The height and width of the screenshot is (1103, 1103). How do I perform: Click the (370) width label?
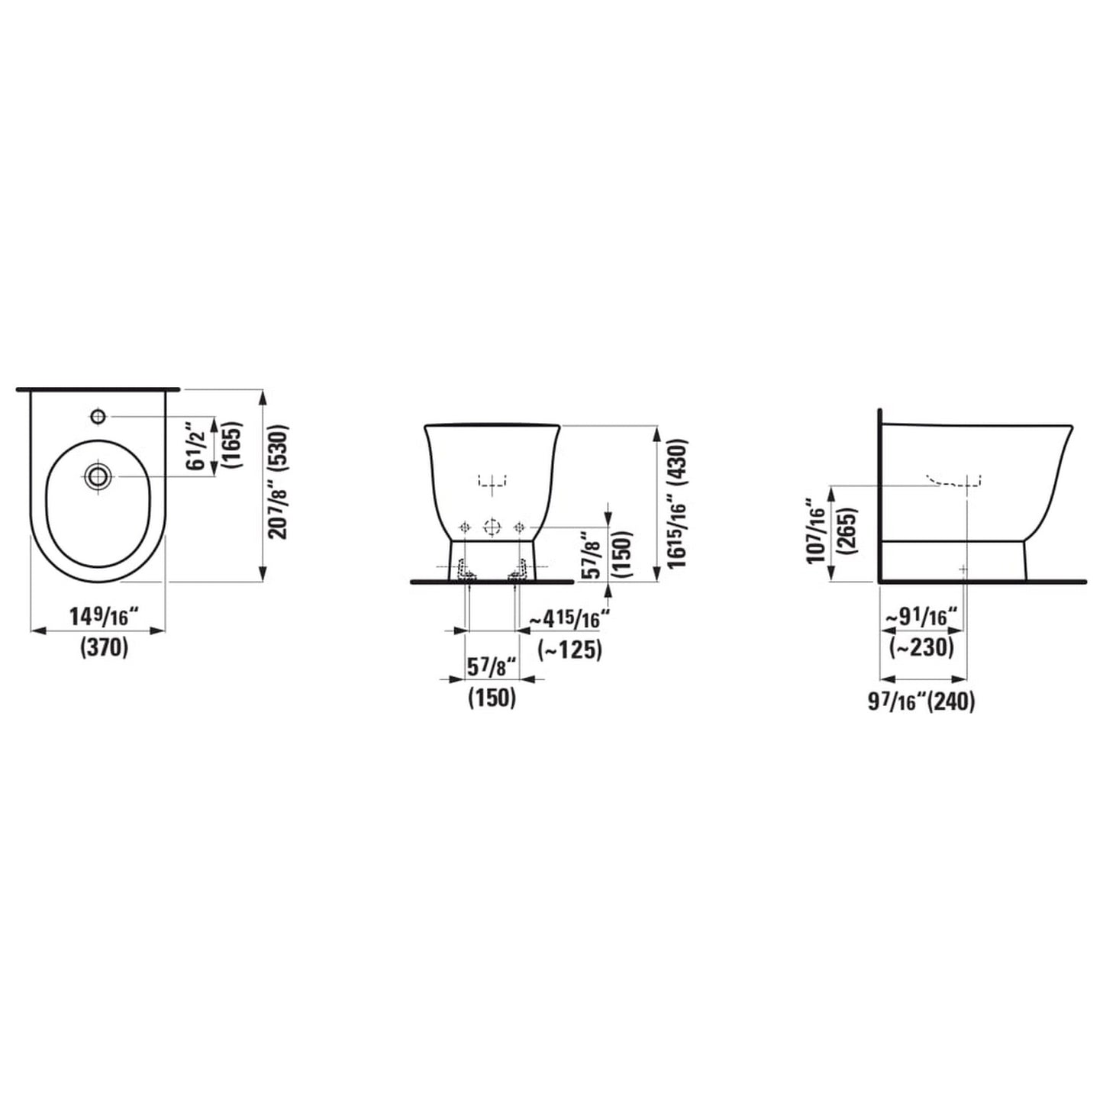tap(104, 648)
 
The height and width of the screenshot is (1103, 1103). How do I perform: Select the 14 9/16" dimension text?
tap(102, 616)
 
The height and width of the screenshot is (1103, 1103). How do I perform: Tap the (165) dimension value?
tap(232, 446)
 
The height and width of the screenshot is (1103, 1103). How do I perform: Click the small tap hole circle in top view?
tap(98, 416)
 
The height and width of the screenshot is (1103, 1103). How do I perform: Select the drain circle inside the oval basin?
tap(97, 476)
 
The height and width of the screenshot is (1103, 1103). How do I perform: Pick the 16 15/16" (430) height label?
tap(675, 503)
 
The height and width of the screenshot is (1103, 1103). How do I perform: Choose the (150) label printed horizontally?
tap(492, 697)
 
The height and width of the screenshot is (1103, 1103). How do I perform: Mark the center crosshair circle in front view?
tap(492, 527)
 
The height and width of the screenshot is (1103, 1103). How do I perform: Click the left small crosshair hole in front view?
tap(463, 527)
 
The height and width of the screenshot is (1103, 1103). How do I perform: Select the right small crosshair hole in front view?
tap(521, 527)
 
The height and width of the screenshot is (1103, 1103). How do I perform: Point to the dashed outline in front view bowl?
tap(492, 480)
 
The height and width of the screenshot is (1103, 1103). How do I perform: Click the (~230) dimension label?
tap(921, 647)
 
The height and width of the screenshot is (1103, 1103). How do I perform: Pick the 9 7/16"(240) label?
tap(921, 701)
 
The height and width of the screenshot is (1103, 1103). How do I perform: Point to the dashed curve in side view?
tap(954, 481)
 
